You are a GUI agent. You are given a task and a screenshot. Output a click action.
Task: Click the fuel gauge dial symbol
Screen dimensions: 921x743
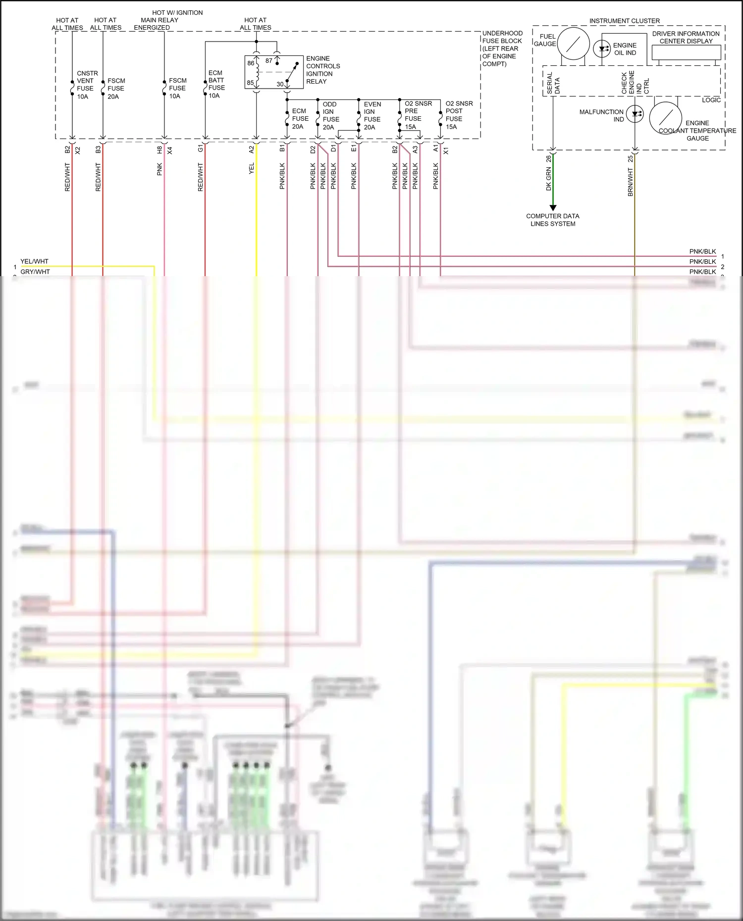[573, 44]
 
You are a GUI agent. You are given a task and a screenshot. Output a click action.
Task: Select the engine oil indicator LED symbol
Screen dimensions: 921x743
[602, 48]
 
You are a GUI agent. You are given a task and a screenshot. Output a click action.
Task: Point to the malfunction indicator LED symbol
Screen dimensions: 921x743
[635, 114]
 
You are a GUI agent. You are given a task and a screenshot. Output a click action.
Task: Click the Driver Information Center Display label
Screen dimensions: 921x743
[686, 38]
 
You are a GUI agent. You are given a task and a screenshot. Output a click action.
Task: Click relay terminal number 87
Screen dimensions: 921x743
[268, 60]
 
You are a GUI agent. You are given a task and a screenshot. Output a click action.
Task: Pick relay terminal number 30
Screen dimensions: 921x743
[280, 84]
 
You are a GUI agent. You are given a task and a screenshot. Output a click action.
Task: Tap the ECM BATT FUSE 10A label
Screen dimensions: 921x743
[216, 84]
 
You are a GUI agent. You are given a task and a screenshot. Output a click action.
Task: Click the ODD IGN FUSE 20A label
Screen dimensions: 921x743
[330, 115]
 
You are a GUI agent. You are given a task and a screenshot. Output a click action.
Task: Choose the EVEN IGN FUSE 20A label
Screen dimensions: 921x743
[371, 115]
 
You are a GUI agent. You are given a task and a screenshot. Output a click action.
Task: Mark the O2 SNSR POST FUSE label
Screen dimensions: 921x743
[458, 115]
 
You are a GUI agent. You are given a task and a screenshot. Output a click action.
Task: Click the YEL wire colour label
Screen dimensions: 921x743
[251, 168]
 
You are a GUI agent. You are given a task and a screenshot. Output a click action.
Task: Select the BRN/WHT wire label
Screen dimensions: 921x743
[630, 182]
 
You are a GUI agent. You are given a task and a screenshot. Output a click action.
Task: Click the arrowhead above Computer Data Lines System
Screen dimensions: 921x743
[553, 208]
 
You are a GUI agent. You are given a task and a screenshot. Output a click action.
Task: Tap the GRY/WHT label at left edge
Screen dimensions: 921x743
[35, 272]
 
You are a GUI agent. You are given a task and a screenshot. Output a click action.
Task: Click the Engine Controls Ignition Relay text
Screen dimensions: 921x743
[322, 70]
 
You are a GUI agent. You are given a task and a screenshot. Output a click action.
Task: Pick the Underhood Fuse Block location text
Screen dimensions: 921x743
[501, 48]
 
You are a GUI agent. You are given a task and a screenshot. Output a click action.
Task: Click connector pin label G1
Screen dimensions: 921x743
[200, 148]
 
